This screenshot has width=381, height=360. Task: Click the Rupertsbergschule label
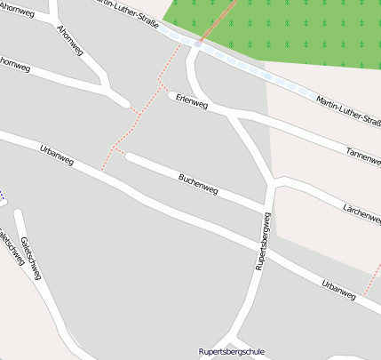coord(232,351)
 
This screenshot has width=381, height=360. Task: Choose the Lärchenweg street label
coord(361,212)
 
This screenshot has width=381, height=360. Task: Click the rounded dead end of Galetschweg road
coord(18,213)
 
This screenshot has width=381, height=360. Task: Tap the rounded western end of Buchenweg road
coord(130,157)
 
